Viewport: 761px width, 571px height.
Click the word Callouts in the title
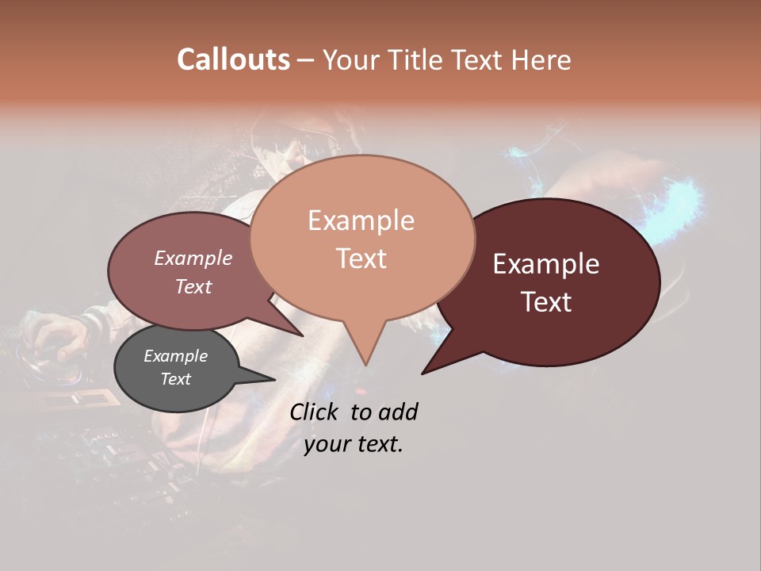(x=233, y=59)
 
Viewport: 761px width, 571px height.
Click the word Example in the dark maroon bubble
(x=546, y=264)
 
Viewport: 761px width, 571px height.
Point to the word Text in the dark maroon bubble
(x=546, y=302)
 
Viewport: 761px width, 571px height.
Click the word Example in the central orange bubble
(x=361, y=220)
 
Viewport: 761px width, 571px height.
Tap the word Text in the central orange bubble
(x=361, y=259)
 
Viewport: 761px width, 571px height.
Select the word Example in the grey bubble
(x=175, y=356)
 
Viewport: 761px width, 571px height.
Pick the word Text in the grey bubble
(x=175, y=379)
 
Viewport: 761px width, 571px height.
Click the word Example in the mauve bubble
(x=193, y=259)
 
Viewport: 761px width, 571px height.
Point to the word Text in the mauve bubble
(x=193, y=286)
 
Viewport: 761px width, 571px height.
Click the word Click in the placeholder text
(x=316, y=412)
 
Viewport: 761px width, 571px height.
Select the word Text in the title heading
(x=484, y=59)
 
